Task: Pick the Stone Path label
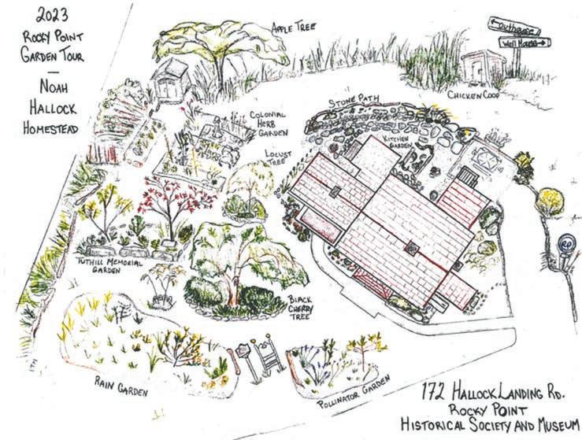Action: (x=353, y=101)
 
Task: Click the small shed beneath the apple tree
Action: (x=169, y=80)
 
